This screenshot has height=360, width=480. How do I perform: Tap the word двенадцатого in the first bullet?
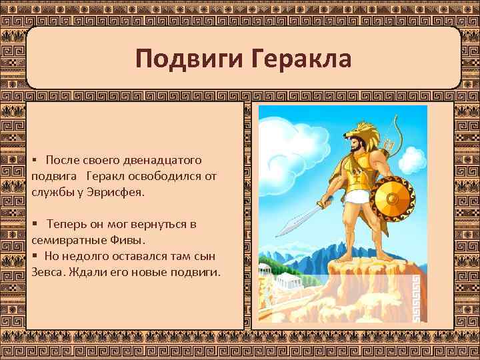coord(165,161)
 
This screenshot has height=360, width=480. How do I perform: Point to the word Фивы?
coord(123,239)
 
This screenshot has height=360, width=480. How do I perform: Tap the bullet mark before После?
coord(34,161)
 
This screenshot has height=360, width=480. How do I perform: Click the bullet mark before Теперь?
coord(34,224)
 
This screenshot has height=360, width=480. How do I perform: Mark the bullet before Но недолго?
coord(34,256)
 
